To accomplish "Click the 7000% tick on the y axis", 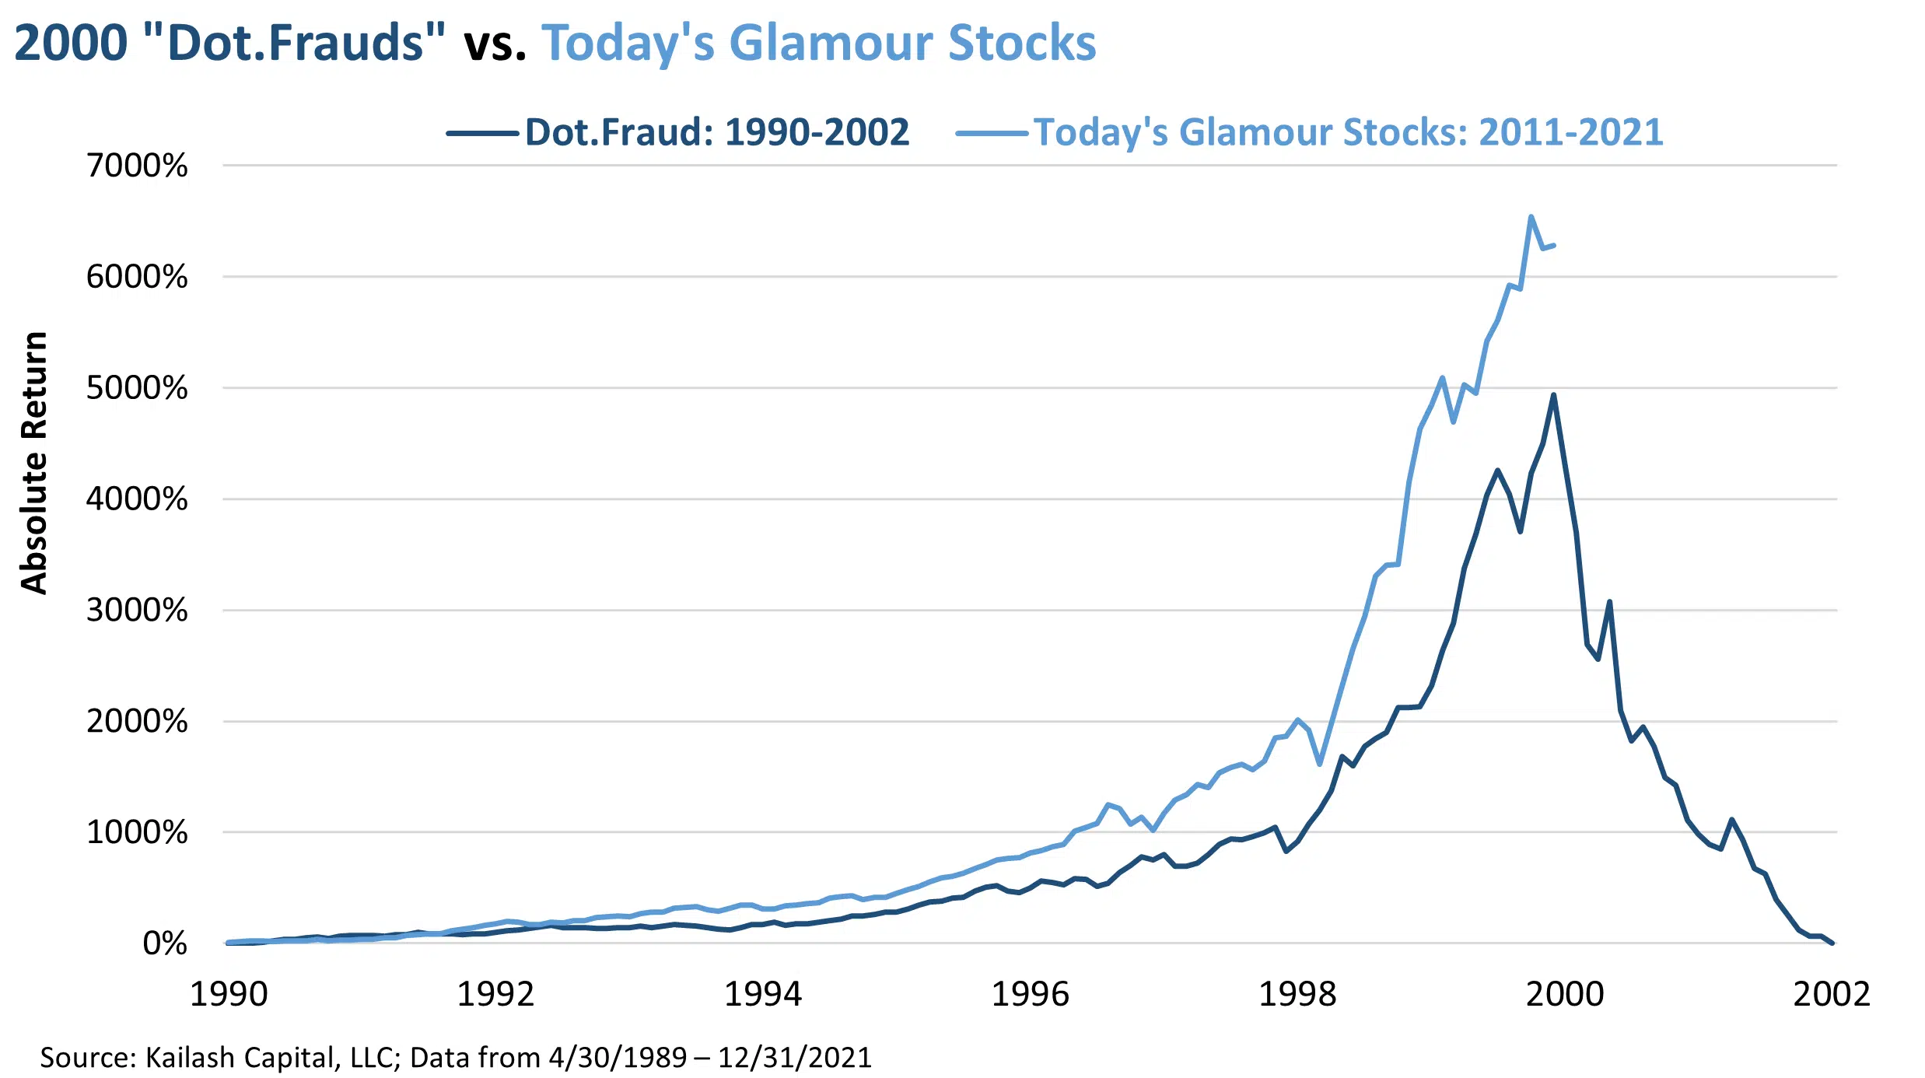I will click(137, 166).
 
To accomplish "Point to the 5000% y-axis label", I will click(137, 388).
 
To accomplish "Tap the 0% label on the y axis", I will click(164, 943).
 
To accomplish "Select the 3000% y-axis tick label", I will click(137, 611).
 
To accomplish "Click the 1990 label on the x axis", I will click(229, 994).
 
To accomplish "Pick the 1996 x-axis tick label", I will click(1030, 994).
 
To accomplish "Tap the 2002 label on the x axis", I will click(1832, 994).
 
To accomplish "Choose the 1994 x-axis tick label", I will click(762, 994).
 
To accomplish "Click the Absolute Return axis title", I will click(34, 464).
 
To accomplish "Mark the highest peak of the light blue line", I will click(1531, 217).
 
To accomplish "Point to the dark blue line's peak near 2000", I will click(1553, 395).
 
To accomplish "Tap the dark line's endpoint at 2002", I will click(1832, 943).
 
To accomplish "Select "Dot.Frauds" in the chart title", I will click(296, 43).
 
